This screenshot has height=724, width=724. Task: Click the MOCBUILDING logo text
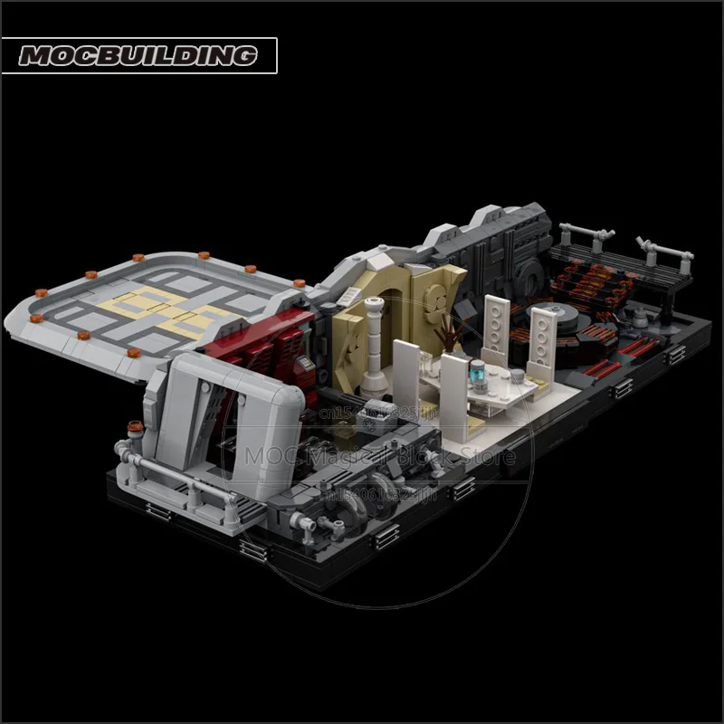[x=138, y=56]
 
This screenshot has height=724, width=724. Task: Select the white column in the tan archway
[x=373, y=336]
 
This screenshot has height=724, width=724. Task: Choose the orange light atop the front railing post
[x=132, y=426]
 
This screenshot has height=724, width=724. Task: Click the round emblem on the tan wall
[x=431, y=295]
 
